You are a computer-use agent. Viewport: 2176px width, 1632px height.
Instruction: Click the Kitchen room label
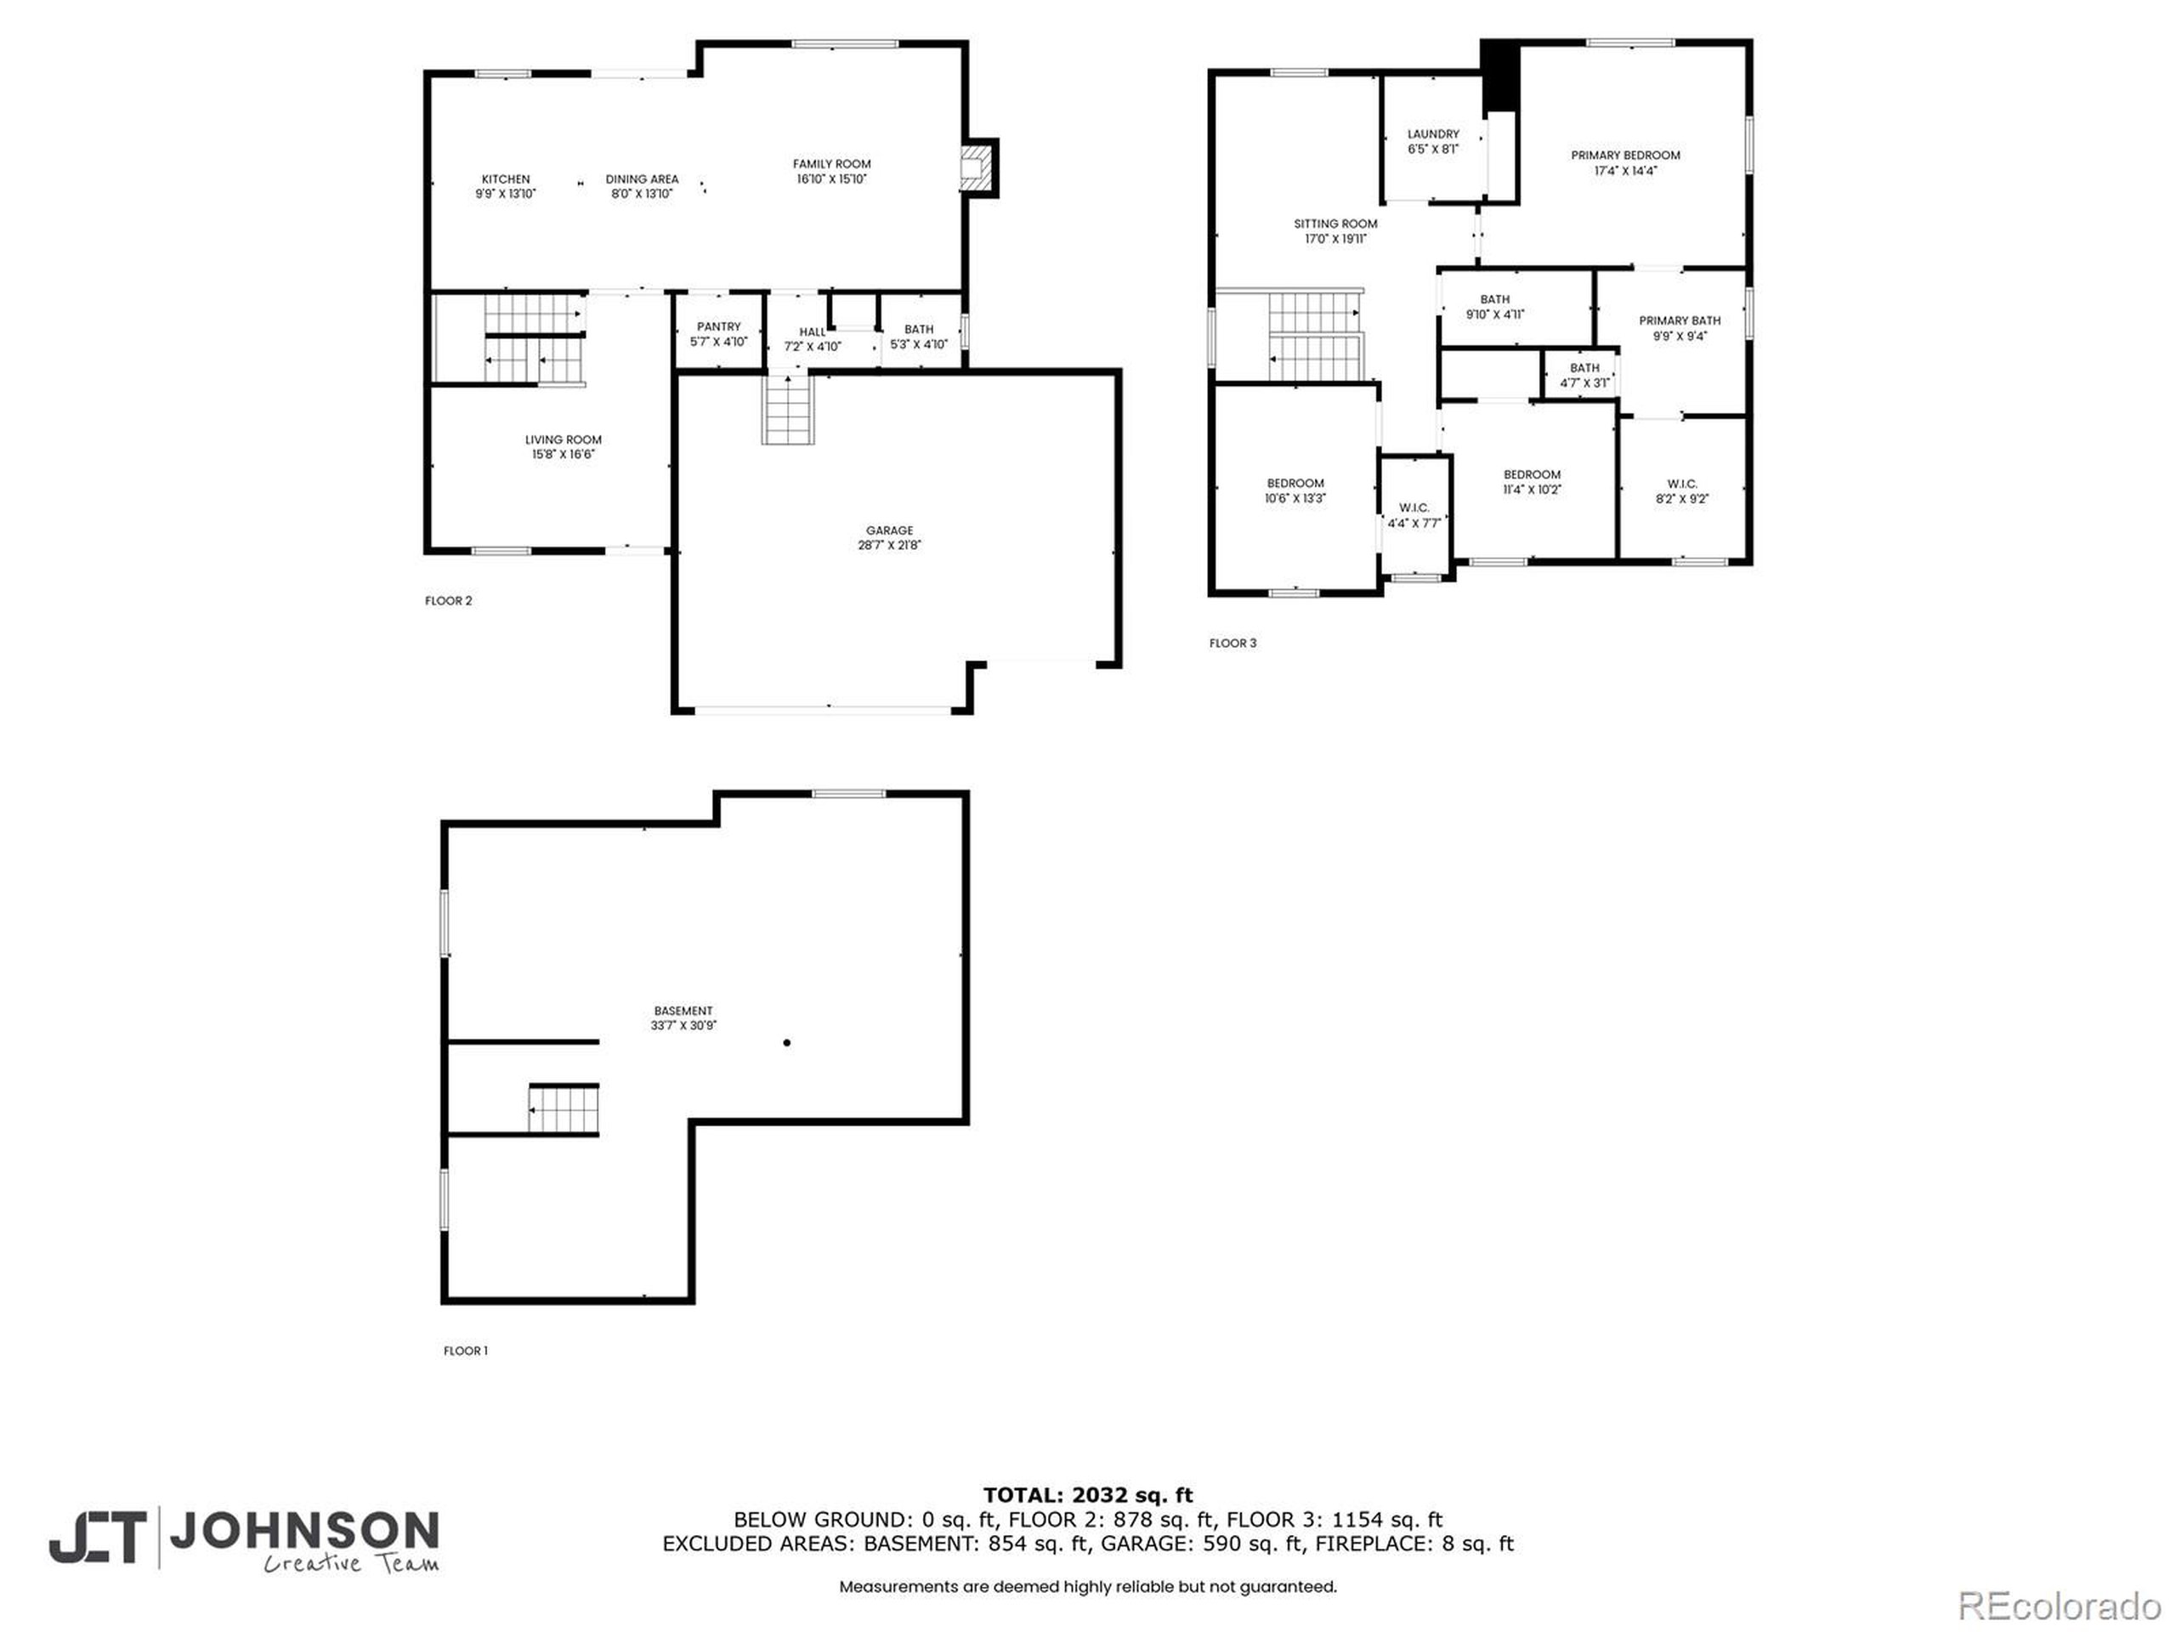505,179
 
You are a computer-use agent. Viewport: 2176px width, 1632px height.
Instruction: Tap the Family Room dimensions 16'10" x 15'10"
831,179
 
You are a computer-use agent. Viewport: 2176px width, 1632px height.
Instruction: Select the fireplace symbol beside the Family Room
973,167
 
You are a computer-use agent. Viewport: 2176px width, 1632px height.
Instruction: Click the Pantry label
718,326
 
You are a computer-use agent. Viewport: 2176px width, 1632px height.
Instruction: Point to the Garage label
888,530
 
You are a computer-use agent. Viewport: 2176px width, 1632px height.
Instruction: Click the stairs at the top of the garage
787,409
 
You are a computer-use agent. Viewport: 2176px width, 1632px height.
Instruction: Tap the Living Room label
563,439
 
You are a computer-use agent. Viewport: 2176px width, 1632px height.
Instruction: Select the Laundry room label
1432,133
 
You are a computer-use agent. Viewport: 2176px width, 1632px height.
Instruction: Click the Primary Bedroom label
1624,156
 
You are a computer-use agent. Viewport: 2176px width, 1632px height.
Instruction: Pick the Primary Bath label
1680,320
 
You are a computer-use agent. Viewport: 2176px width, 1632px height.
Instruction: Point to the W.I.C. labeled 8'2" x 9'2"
1681,491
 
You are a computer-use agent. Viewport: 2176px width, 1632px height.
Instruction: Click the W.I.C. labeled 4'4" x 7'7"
1414,515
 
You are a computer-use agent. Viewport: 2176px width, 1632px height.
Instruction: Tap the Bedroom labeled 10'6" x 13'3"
1295,490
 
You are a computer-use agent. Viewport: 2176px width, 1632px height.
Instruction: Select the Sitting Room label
1334,224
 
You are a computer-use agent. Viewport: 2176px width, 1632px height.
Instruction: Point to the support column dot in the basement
786,1043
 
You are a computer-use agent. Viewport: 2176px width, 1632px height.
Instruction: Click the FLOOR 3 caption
1232,643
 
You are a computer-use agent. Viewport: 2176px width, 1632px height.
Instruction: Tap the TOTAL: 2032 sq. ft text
1087,1496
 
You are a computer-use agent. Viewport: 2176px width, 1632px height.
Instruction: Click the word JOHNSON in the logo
304,1531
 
